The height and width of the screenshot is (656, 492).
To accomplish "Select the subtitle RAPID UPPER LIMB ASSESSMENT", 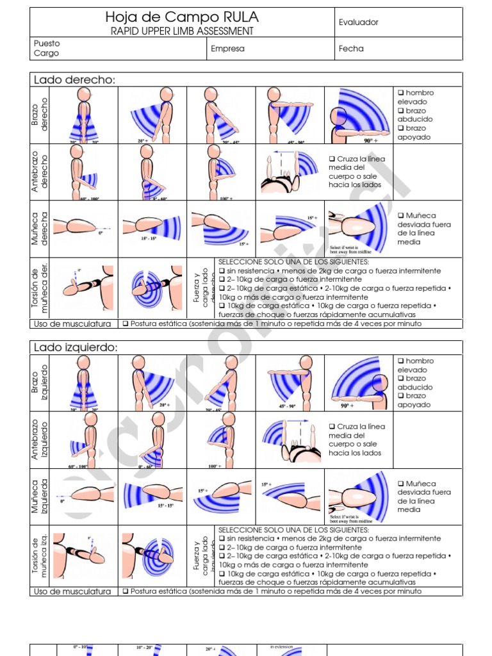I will [182, 31].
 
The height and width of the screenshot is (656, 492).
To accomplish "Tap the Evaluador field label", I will [358, 22].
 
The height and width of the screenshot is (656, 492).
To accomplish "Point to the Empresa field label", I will [227, 49].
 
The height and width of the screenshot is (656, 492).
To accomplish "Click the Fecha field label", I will [351, 49].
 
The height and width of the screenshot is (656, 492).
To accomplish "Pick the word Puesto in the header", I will [47, 44].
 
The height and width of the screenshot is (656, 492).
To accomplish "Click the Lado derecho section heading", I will [74, 80].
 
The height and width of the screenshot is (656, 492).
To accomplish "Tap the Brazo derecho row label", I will [39, 115].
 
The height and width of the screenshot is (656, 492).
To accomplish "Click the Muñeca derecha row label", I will [39, 229].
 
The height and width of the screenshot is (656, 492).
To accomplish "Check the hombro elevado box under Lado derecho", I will [400, 93].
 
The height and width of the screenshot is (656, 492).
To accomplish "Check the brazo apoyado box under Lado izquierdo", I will [400, 396].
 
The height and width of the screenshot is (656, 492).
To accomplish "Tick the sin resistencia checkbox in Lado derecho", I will [222, 271].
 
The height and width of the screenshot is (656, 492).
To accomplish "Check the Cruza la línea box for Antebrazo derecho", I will [332, 159].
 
